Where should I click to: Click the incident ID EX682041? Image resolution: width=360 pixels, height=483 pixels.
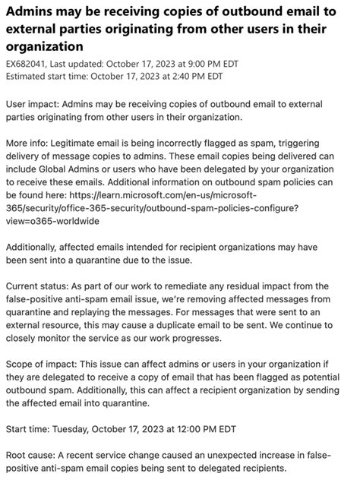[x=28, y=64]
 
